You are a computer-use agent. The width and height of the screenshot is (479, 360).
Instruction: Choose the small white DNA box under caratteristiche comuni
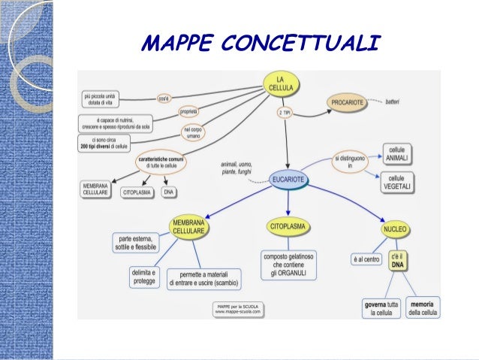pos(169,192)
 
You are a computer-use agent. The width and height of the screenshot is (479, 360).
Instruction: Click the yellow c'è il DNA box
pos(398,260)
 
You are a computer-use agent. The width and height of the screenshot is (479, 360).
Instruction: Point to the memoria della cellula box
pos(423,307)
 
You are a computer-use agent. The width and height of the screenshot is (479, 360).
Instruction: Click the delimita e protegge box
pos(144,276)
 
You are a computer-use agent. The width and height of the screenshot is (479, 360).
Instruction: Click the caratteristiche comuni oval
pos(161,162)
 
